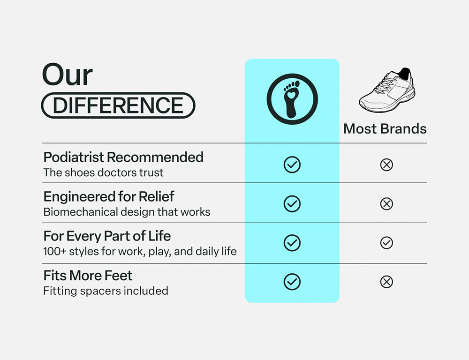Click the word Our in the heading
[67, 75]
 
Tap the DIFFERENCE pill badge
[118, 105]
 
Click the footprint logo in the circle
[292, 98]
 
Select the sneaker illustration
[387, 90]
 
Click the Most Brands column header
[385, 129]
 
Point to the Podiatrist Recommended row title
[123, 157]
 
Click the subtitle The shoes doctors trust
[103, 172]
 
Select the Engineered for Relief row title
[109, 196]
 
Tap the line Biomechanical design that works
[127, 212]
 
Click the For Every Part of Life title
[107, 236]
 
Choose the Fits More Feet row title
[88, 275]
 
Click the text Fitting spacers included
[106, 291]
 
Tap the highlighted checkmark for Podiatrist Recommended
[292, 165]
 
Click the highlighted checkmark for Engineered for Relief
[292, 204]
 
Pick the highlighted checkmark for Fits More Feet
[292, 282]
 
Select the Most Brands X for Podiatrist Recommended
[386, 165]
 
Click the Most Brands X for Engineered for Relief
[386, 204]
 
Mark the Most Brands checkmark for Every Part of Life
[386, 243]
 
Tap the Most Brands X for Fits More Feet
[386, 282]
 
